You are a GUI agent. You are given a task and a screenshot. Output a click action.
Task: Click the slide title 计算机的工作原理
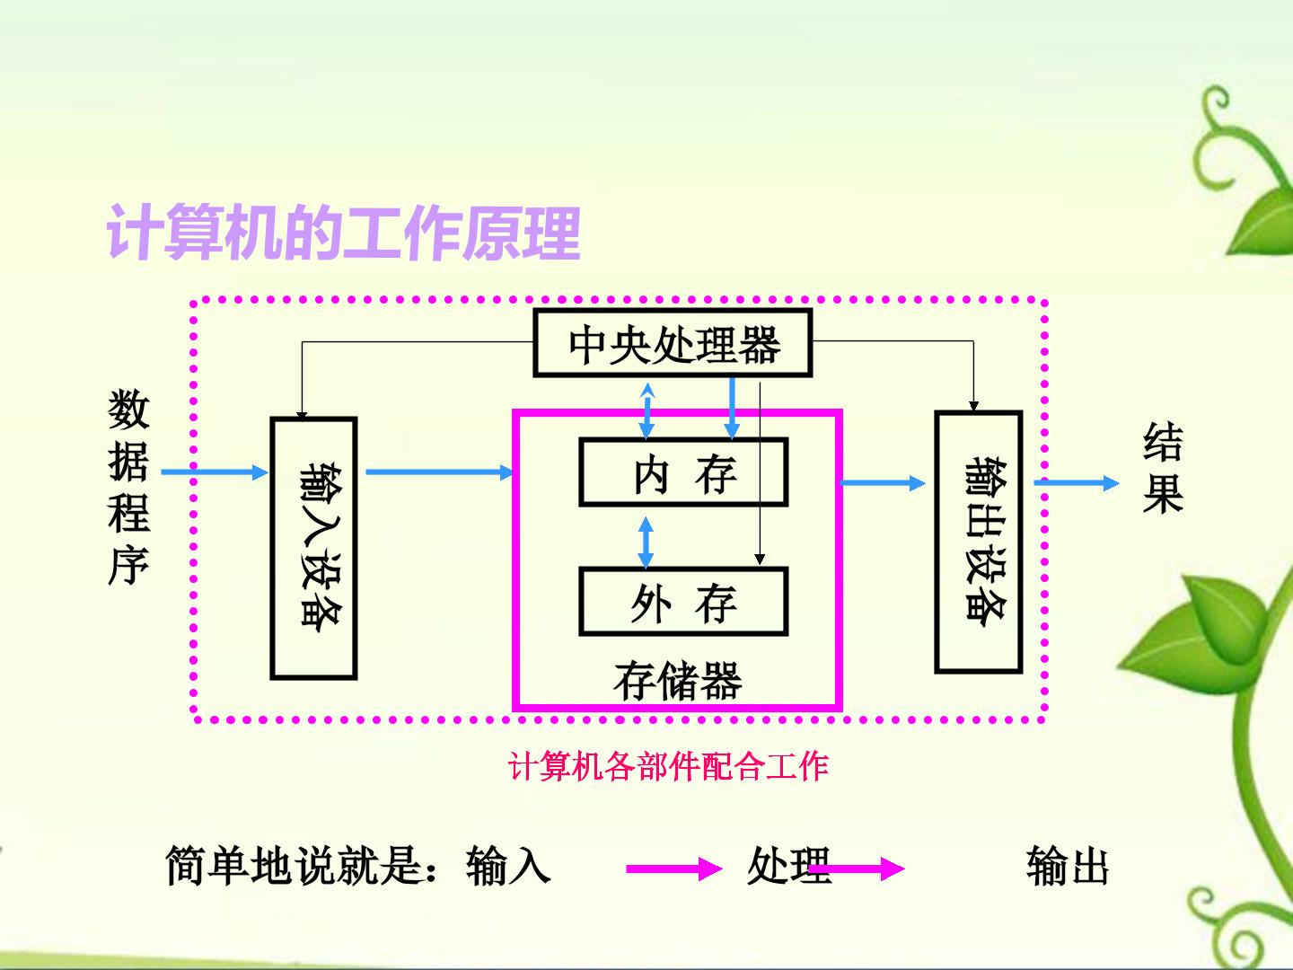pos(343,234)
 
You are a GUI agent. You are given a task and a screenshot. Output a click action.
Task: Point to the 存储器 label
pos(677,681)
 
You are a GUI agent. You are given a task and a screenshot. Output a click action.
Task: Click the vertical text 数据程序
pos(128,487)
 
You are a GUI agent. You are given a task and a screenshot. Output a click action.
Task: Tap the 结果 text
pos(1163,468)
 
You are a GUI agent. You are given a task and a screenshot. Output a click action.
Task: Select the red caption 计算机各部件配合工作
pos(668,766)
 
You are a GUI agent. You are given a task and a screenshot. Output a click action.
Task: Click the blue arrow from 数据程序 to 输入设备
pos(215,472)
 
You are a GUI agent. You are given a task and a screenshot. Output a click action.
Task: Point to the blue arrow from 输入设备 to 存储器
pos(440,472)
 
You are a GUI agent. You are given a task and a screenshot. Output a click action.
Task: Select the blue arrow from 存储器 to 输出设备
pos(883,483)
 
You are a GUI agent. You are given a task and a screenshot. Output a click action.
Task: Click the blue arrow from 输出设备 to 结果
pos(1077,483)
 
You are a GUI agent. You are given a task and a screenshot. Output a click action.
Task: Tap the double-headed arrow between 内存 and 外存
pos(646,542)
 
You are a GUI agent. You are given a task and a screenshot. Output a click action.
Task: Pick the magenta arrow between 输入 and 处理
pos(674,869)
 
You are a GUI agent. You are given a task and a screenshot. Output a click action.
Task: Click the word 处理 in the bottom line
pos(788,865)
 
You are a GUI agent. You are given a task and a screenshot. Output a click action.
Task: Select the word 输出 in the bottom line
pos(1068,865)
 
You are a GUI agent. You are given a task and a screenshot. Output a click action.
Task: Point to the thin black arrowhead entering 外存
pos(760,559)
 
